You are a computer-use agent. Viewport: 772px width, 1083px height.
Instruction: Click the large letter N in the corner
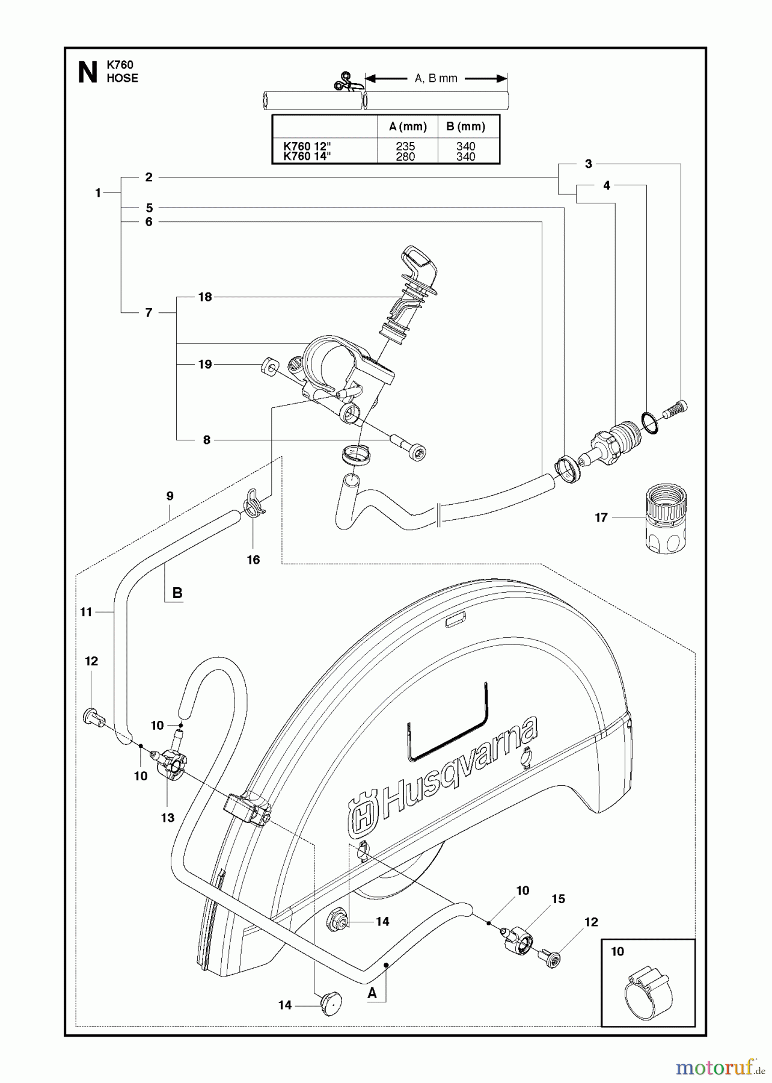pyautogui.click(x=88, y=73)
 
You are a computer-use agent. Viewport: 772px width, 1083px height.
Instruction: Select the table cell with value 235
pyautogui.click(x=406, y=146)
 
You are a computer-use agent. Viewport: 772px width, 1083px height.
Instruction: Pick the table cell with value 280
pyautogui.click(x=406, y=157)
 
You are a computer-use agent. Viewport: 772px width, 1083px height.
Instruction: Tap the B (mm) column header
pyautogui.click(x=465, y=126)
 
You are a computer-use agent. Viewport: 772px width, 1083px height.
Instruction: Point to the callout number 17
pyautogui.click(x=601, y=517)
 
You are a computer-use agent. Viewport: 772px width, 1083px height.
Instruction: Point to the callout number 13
pyautogui.click(x=167, y=817)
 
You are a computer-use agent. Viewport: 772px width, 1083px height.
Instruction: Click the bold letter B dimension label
pyautogui.click(x=177, y=593)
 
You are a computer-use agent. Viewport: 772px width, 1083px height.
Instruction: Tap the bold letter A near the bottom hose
pyautogui.click(x=372, y=993)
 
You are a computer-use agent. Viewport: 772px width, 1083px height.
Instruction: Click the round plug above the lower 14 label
pyautogui.click(x=331, y=1004)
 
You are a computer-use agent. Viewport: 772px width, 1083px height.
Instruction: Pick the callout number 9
pyautogui.click(x=170, y=496)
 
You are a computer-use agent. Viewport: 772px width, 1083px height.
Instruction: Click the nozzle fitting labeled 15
pyautogui.click(x=517, y=939)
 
